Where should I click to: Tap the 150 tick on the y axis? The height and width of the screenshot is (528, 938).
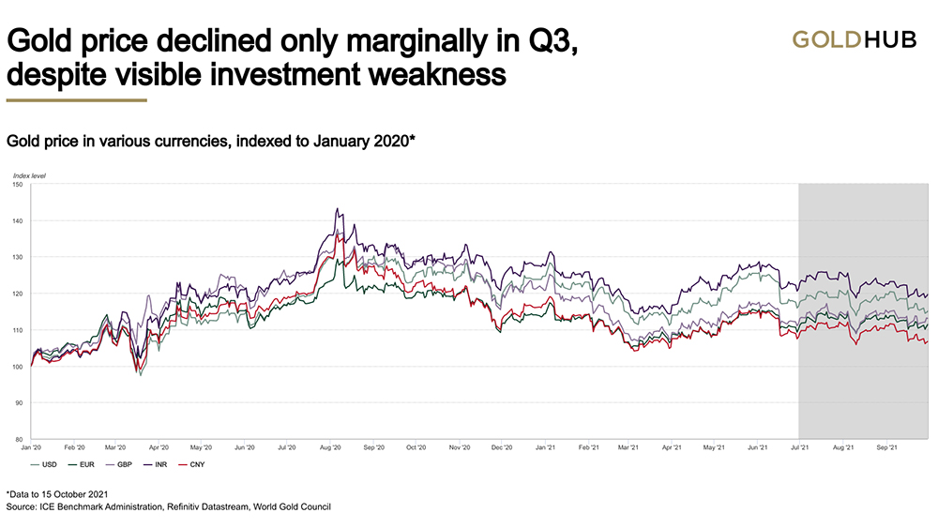17,185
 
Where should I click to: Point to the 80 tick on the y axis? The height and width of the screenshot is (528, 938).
19,439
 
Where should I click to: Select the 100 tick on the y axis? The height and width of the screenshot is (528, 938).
17,367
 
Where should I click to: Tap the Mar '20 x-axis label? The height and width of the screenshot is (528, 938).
117,448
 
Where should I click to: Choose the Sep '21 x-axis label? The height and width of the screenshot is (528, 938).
889,448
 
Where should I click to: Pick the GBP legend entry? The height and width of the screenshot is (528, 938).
125,463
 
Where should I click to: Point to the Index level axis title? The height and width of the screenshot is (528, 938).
29,175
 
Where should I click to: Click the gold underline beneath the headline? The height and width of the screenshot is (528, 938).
76,99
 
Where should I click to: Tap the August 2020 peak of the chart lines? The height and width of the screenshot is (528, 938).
336,210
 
